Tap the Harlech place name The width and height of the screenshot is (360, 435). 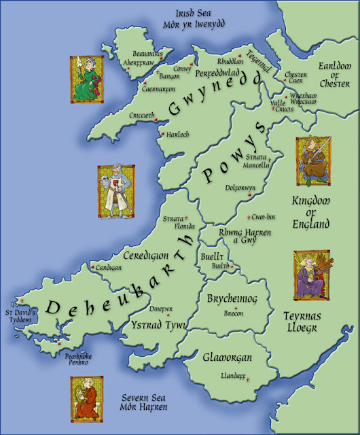point(178,135)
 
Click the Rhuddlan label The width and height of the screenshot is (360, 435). point(230,60)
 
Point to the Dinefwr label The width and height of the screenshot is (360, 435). point(160,307)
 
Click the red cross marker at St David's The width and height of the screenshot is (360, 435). point(22,301)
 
